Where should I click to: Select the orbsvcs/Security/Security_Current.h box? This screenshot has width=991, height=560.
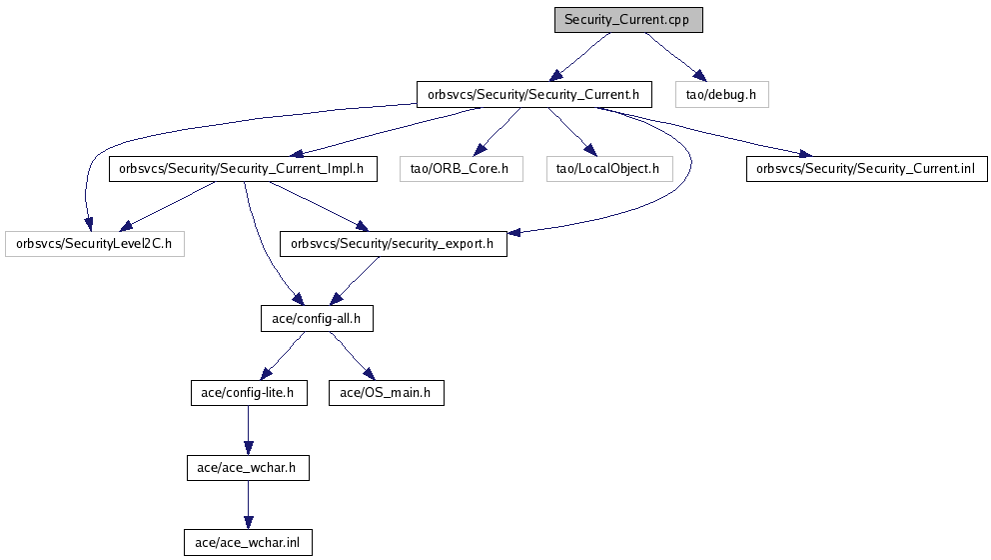[x=534, y=95]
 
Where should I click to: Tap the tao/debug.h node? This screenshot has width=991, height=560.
[x=721, y=95]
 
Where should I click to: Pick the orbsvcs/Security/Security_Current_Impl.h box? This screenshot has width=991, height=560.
[x=243, y=169]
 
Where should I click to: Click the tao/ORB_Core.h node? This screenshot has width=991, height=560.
[x=460, y=169]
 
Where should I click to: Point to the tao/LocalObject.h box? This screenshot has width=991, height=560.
[x=608, y=169]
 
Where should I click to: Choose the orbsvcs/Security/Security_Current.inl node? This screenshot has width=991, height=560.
[x=866, y=169]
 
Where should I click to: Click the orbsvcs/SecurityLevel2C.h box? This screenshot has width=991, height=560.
[x=95, y=243]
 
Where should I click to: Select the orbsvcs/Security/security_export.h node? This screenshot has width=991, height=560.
[x=394, y=243]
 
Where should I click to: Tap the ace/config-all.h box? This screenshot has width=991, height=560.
[x=309, y=318]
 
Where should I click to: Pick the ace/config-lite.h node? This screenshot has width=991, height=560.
[x=247, y=393]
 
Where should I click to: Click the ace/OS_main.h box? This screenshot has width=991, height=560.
[x=386, y=393]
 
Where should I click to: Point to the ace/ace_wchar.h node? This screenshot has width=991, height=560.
[x=248, y=467]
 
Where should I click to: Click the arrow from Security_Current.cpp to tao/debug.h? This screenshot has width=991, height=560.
[x=675, y=57]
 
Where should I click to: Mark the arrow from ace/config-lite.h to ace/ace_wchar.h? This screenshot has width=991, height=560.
[x=247, y=430]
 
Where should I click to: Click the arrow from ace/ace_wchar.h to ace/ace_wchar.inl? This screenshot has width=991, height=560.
[x=248, y=505]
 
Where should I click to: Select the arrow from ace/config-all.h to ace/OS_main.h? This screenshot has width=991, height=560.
[x=350, y=356]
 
